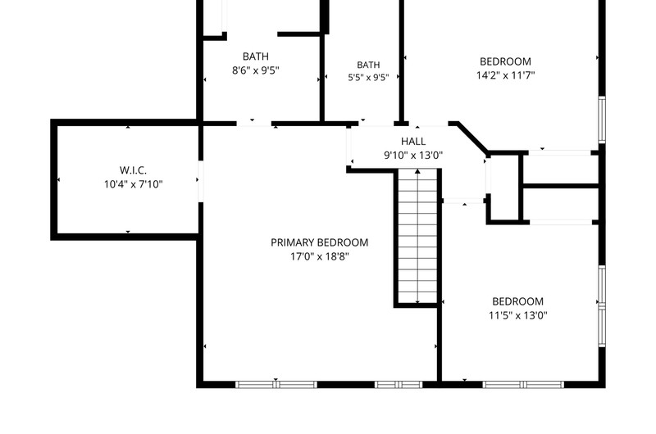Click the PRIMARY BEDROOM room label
coord(319,242)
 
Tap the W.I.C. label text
coord(133,170)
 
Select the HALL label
coord(413,141)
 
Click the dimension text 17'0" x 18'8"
coord(319,256)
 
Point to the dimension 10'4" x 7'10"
coord(133,184)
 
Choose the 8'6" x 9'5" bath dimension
coord(256,70)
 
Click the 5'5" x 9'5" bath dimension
coord(368,78)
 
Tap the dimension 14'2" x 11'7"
coord(505,75)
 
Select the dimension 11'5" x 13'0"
coord(518,315)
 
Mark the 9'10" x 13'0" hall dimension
coord(413,156)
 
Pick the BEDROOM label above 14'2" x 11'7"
coord(505,61)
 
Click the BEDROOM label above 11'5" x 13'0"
coord(518,301)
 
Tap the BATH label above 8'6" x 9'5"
coord(256,57)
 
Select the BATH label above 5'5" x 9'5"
coord(368,66)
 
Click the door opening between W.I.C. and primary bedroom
coord(200,181)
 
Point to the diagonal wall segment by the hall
coord(472,138)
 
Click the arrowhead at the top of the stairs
coord(417,171)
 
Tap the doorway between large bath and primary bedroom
coord(254,124)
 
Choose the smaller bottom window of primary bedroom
coord(399,385)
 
